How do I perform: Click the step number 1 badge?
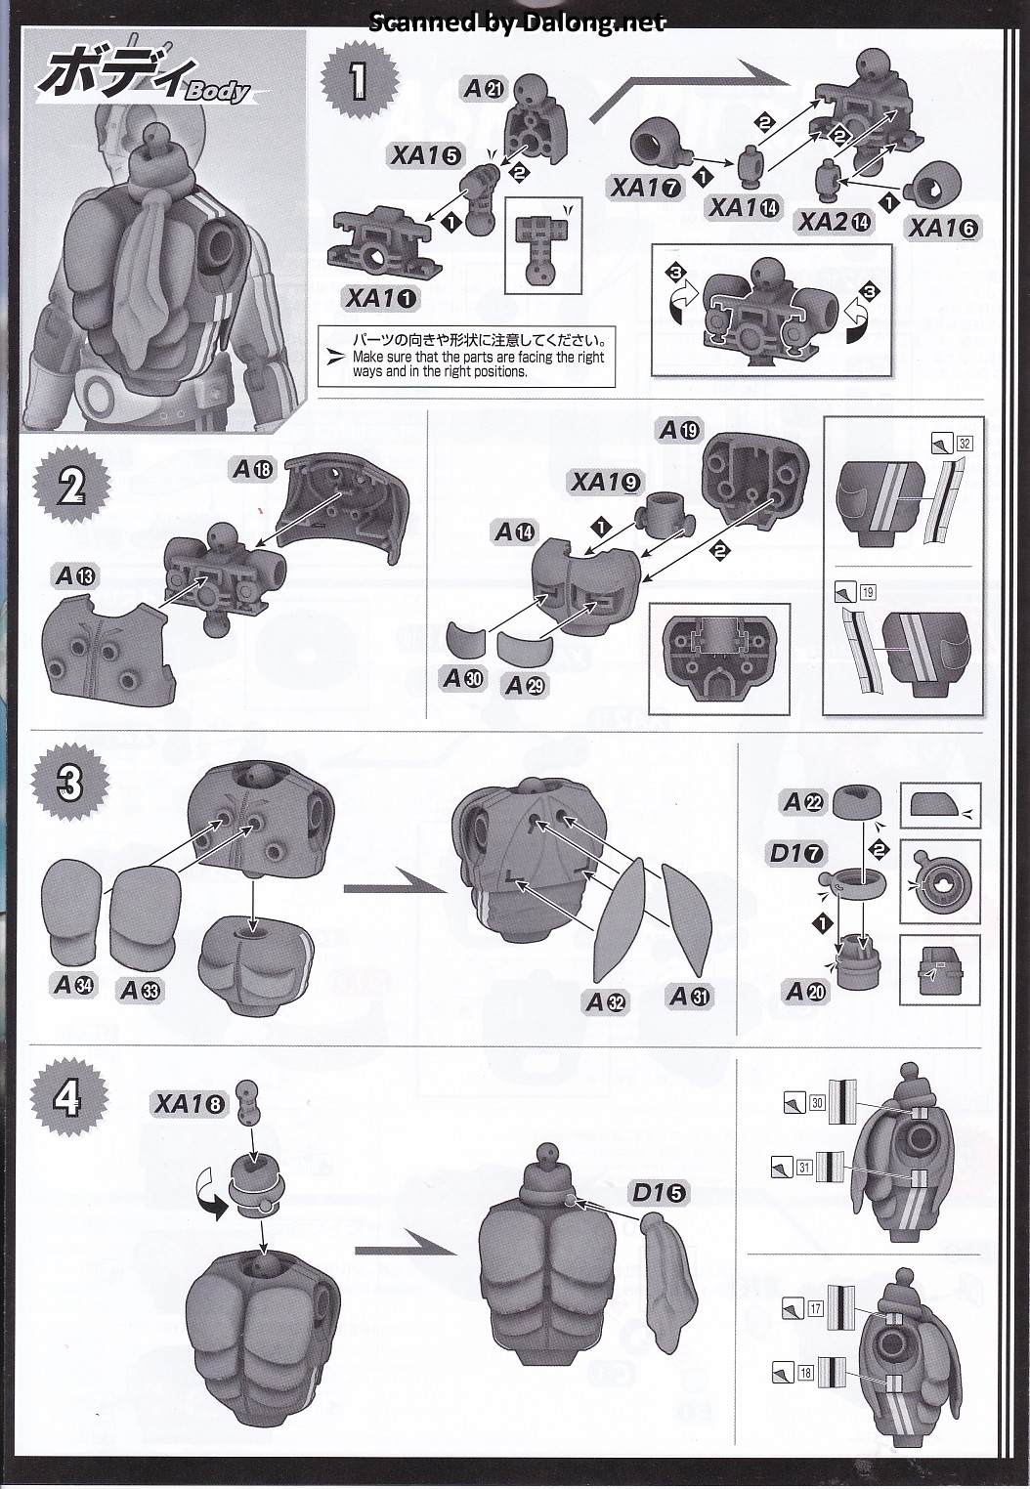coord(358,80)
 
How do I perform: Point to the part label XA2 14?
coord(835,221)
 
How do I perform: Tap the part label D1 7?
coord(795,853)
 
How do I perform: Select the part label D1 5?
coord(659,1192)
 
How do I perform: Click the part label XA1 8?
coord(190,1103)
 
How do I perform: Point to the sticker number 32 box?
coord(966,444)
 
